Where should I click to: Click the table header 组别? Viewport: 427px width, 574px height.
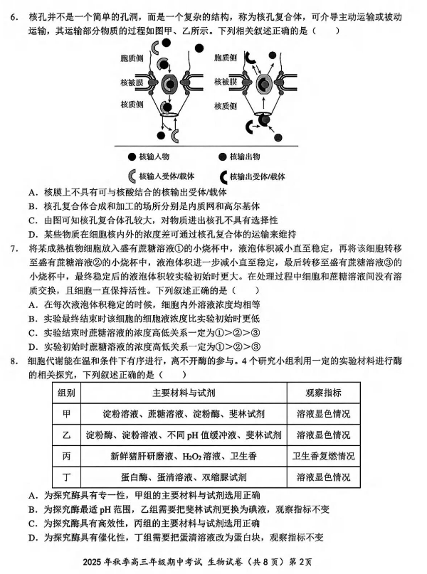[x=67, y=393]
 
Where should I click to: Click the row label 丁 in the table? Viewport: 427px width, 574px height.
[x=67, y=476]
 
